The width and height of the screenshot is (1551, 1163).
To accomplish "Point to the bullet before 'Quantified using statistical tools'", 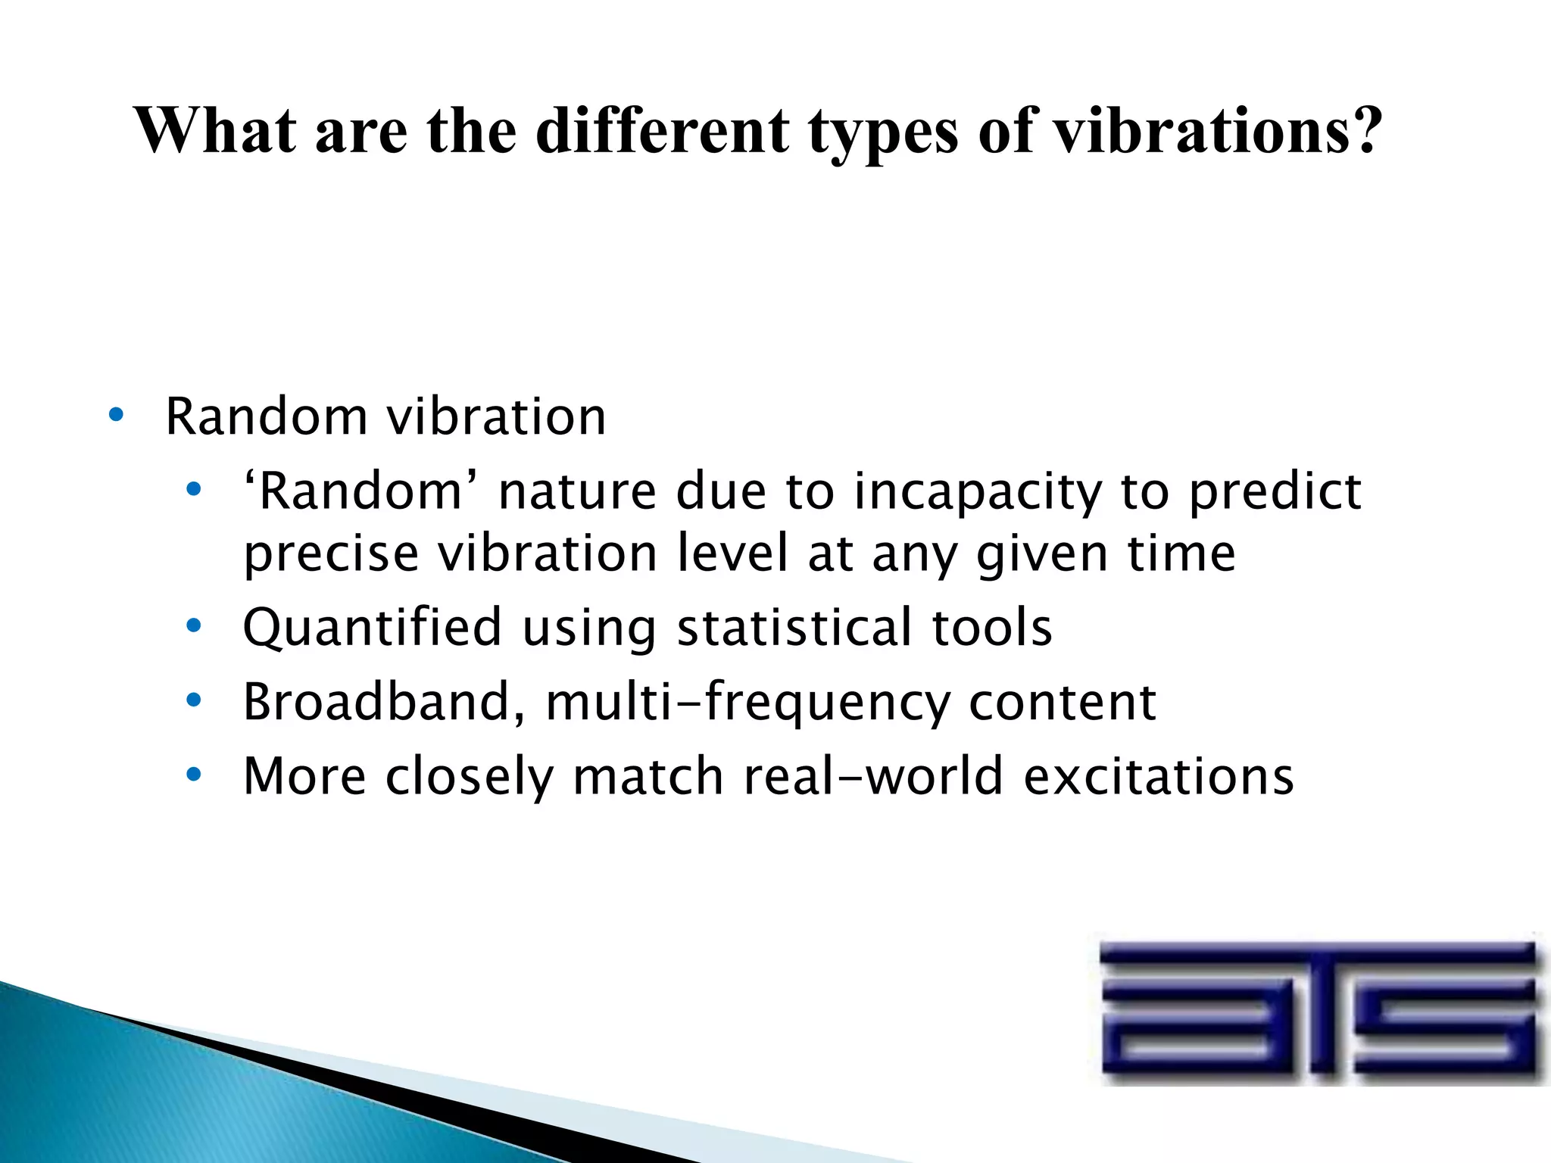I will click(194, 625).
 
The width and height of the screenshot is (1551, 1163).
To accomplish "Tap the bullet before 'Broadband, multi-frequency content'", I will click(194, 700).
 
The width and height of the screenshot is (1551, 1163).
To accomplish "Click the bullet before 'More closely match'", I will click(194, 775).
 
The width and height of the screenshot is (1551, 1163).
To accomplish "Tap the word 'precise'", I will click(331, 554).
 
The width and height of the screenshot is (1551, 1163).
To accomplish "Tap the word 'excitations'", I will click(1159, 776).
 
